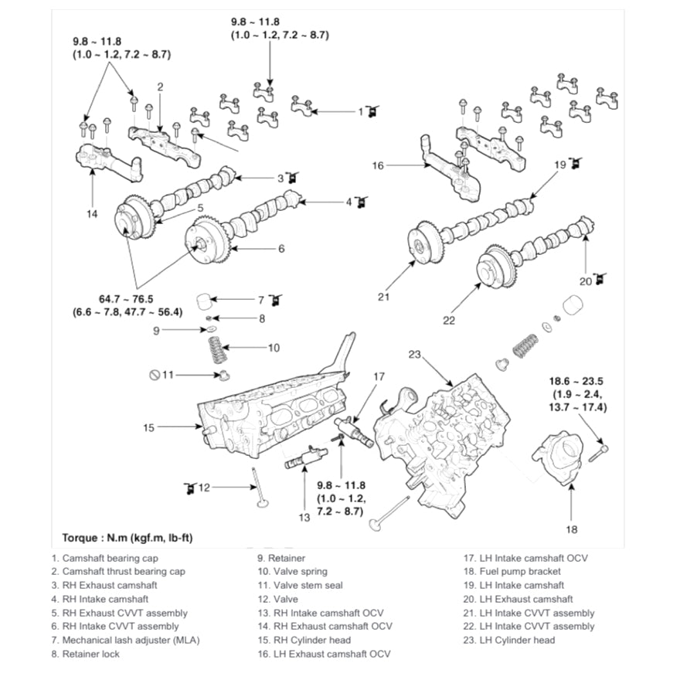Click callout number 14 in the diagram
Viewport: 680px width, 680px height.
(x=92, y=214)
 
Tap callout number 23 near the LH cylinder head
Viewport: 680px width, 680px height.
(x=414, y=355)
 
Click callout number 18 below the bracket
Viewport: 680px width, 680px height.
(x=571, y=529)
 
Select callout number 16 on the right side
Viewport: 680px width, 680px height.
(x=378, y=165)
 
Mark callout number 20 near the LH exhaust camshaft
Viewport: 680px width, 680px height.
(x=586, y=281)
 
